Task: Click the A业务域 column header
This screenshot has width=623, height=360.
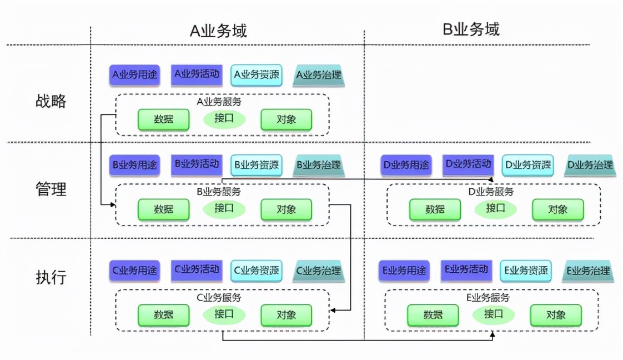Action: [x=218, y=30]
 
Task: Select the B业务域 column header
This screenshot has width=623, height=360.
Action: [x=471, y=29]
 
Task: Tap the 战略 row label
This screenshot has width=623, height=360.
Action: [x=51, y=101]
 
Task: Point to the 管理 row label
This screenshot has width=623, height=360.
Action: [x=51, y=189]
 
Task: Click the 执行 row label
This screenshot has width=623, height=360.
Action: [x=51, y=277]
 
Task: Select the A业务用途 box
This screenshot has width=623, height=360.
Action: [x=134, y=74]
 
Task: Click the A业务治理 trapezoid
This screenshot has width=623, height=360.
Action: [x=319, y=75]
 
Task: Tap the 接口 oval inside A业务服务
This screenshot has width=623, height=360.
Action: [x=224, y=119]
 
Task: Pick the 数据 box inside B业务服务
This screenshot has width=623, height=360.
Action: [x=163, y=209]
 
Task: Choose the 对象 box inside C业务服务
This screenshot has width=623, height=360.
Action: [x=286, y=315]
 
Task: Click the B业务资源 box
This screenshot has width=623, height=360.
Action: [x=256, y=164]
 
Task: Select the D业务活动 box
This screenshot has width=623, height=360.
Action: [x=468, y=164]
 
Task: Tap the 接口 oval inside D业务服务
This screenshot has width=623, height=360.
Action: [x=495, y=208]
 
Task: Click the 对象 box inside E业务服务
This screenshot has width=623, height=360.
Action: [x=555, y=315]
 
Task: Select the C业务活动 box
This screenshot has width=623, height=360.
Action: [x=197, y=270]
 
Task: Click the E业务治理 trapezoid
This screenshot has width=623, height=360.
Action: [x=588, y=271]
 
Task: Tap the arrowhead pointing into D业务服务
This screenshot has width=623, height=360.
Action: [x=492, y=180]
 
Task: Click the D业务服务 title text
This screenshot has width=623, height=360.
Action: [x=491, y=192]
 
